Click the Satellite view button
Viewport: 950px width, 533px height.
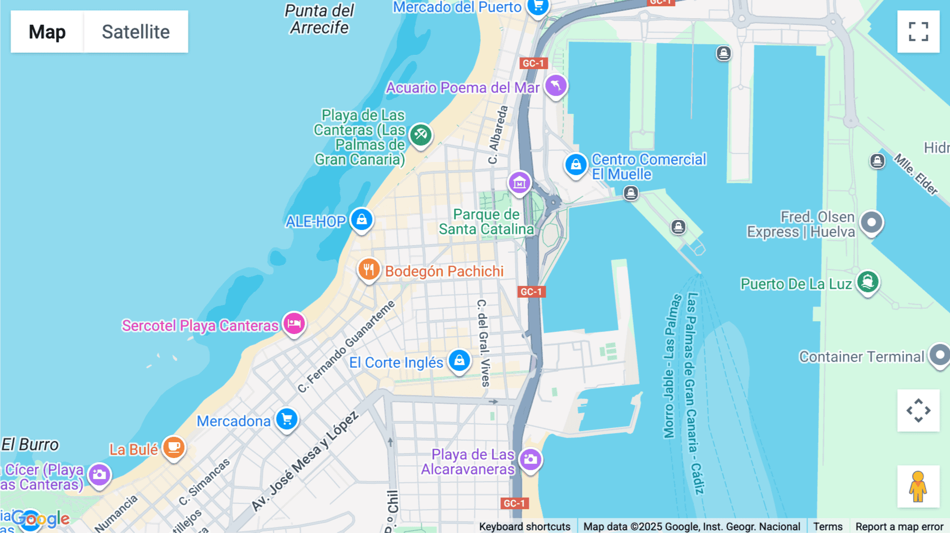[136, 32]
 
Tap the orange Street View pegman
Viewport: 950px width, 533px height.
[918, 487]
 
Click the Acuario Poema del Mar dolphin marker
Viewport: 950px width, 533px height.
[556, 86]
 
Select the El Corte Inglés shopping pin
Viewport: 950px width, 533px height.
[459, 361]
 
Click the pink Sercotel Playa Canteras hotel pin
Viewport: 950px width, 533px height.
[294, 323]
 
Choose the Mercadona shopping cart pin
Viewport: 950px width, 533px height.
[287, 420]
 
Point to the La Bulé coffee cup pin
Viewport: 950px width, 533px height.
[173, 448]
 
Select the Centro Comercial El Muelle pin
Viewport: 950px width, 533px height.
[576, 165]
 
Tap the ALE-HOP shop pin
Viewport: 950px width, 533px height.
[362, 220]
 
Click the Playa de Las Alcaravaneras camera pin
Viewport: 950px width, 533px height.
[530, 460]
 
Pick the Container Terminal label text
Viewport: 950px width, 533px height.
[861, 357]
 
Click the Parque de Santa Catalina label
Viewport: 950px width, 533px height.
[486, 222]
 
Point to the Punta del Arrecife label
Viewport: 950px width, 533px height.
[319, 19]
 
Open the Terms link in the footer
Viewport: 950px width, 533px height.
[828, 527]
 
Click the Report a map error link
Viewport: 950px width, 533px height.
[899, 527]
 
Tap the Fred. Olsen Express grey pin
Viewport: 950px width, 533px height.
[871, 223]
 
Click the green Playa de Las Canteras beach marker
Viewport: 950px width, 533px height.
[421, 135]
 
